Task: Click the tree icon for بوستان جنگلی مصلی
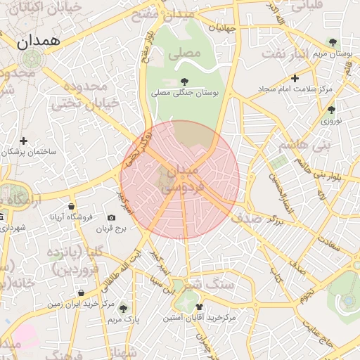click(184, 81)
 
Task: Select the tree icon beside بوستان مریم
click(332, 42)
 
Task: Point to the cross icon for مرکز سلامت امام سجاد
click(295, 78)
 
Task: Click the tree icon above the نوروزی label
click(331, 110)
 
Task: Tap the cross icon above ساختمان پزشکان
click(24, 141)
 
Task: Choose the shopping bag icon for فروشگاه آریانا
click(71, 206)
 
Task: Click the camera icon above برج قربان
click(111, 218)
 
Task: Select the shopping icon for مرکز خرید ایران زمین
click(82, 292)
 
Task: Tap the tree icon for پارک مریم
click(124, 308)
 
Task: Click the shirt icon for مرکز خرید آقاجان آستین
click(199, 307)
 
